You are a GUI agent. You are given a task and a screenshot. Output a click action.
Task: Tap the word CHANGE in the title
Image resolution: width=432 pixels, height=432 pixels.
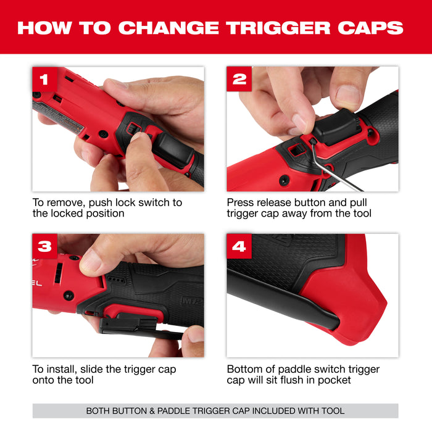pos(164,27)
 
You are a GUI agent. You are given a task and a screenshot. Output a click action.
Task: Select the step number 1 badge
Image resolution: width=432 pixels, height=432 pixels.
pos(44,80)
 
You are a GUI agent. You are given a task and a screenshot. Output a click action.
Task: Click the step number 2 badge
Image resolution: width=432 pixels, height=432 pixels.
pos(239,80)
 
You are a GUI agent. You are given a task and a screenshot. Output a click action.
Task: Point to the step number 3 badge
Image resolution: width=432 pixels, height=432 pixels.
pos(44,246)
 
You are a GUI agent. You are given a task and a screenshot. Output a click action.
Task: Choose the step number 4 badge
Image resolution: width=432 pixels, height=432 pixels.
pos(239,246)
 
